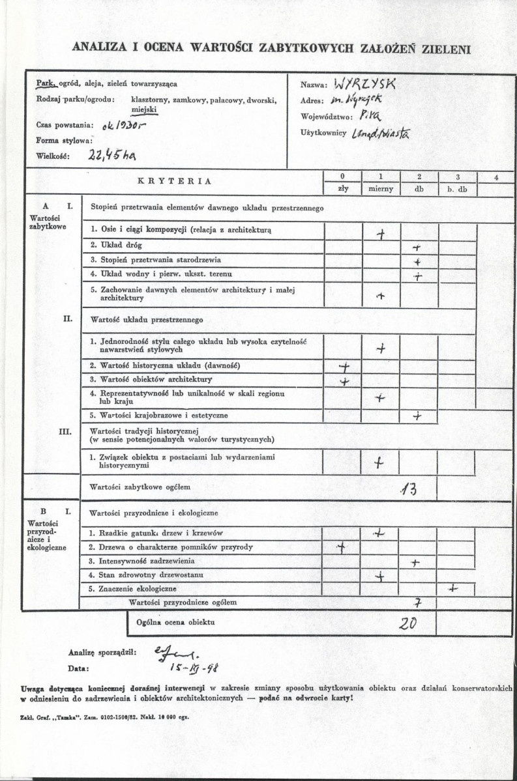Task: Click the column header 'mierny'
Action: [x=381, y=189]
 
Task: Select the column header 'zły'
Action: [x=344, y=189]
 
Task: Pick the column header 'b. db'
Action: [x=458, y=189]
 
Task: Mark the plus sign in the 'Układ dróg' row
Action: [x=418, y=248]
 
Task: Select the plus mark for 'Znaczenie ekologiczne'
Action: [x=453, y=588]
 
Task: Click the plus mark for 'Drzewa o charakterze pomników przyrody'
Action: [x=340, y=547]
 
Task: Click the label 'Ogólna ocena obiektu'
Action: [x=175, y=622]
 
